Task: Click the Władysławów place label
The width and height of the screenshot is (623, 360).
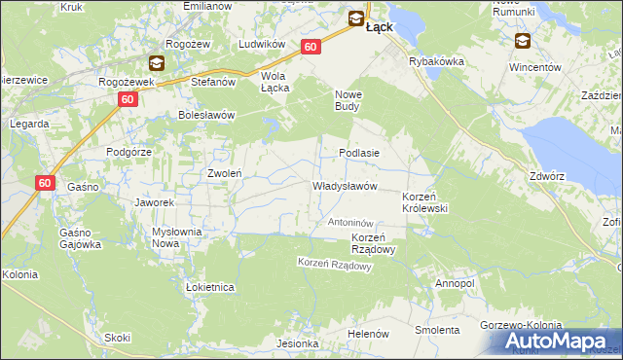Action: (x=344, y=186)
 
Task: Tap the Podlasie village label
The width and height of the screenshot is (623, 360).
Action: (x=358, y=153)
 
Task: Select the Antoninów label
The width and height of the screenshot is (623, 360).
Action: (x=350, y=223)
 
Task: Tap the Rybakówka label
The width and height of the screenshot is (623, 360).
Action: (x=435, y=60)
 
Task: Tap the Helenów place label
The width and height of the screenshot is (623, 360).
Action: (x=369, y=333)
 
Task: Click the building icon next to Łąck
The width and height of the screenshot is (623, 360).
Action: (x=356, y=18)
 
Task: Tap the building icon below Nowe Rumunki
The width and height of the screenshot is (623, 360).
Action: (x=523, y=41)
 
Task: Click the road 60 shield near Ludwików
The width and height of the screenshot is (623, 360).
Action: (x=311, y=47)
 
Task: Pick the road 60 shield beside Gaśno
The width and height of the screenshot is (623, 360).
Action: (x=45, y=183)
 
